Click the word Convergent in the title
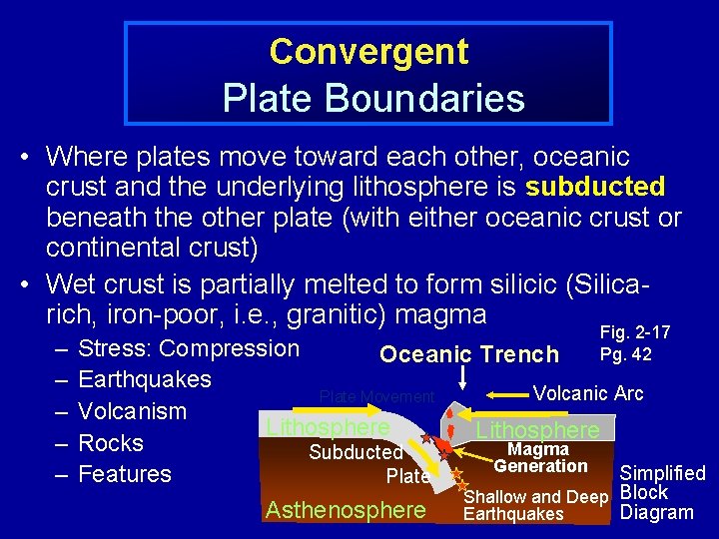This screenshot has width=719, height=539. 367,51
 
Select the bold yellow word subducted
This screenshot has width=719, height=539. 595,187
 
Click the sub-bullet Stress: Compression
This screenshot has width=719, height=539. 188,348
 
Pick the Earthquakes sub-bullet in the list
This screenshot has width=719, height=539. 144,379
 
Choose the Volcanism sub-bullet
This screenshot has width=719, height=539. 132,411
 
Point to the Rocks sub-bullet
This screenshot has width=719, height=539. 110,443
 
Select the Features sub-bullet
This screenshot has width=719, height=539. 124,474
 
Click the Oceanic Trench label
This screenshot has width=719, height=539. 469,354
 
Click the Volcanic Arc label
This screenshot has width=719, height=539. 588,393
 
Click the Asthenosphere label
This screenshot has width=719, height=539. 346,510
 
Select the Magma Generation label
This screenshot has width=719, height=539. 540,458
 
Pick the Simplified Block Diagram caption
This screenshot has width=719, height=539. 662,493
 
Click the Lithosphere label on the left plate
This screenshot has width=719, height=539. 327,428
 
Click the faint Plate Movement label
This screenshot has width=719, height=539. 376,397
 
